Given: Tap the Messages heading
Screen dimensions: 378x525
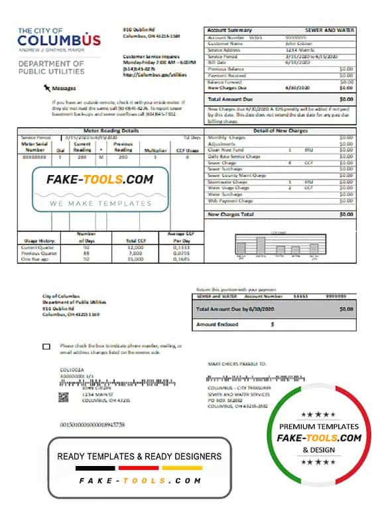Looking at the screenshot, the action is point(64,87).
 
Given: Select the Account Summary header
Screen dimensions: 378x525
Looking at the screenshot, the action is point(229,30).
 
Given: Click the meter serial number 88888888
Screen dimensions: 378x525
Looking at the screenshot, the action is point(34,156).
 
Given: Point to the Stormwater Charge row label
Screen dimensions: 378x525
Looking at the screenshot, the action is point(229,181).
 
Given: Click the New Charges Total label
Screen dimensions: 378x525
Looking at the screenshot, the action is point(231,214).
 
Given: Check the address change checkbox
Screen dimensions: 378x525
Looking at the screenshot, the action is point(46,347).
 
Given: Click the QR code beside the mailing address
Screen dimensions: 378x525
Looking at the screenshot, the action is point(64,397).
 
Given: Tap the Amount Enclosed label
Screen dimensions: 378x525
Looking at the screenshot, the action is point(218,325).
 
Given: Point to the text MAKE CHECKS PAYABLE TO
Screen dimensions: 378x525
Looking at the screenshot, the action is point(237,364).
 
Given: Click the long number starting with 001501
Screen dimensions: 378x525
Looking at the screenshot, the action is point(92,424).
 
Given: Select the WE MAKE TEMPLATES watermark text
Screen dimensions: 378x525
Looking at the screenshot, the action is point(101,204).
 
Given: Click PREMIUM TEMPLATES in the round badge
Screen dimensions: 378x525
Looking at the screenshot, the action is point(318,426).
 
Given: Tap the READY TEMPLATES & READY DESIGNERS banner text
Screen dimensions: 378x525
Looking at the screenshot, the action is point(139,456).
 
